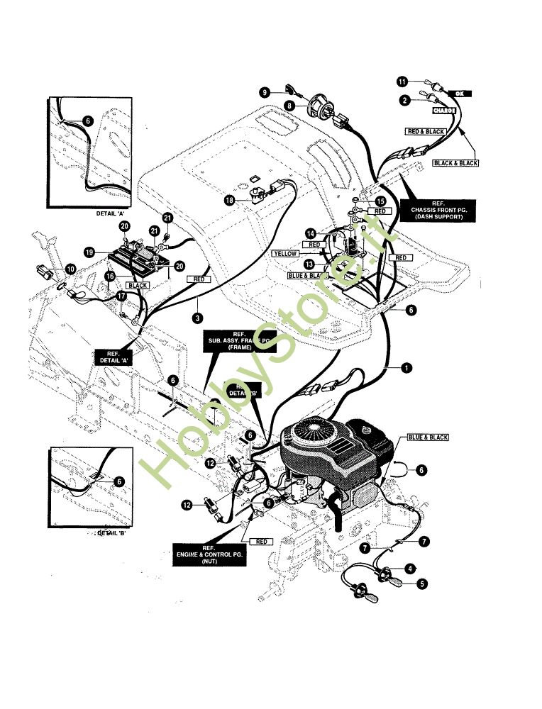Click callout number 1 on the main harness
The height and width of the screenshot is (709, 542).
point(406,367)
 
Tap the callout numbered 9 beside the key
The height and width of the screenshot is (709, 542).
point(264,92)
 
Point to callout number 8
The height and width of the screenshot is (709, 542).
point(289,106)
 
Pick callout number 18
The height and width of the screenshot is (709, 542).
point(229,201)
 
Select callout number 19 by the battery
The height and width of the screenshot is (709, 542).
point(89,252)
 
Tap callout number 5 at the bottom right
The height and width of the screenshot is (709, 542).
point(421,584)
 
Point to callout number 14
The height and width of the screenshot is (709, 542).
point(310,233)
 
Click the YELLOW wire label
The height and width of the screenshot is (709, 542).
point(286,253)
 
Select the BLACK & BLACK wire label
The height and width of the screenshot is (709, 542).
point(455,163)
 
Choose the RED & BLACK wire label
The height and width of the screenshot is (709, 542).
point(424,132)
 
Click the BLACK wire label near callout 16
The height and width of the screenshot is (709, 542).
point(138,285)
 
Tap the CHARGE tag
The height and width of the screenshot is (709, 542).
point(444,111)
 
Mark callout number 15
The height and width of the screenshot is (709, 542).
point(380,201)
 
